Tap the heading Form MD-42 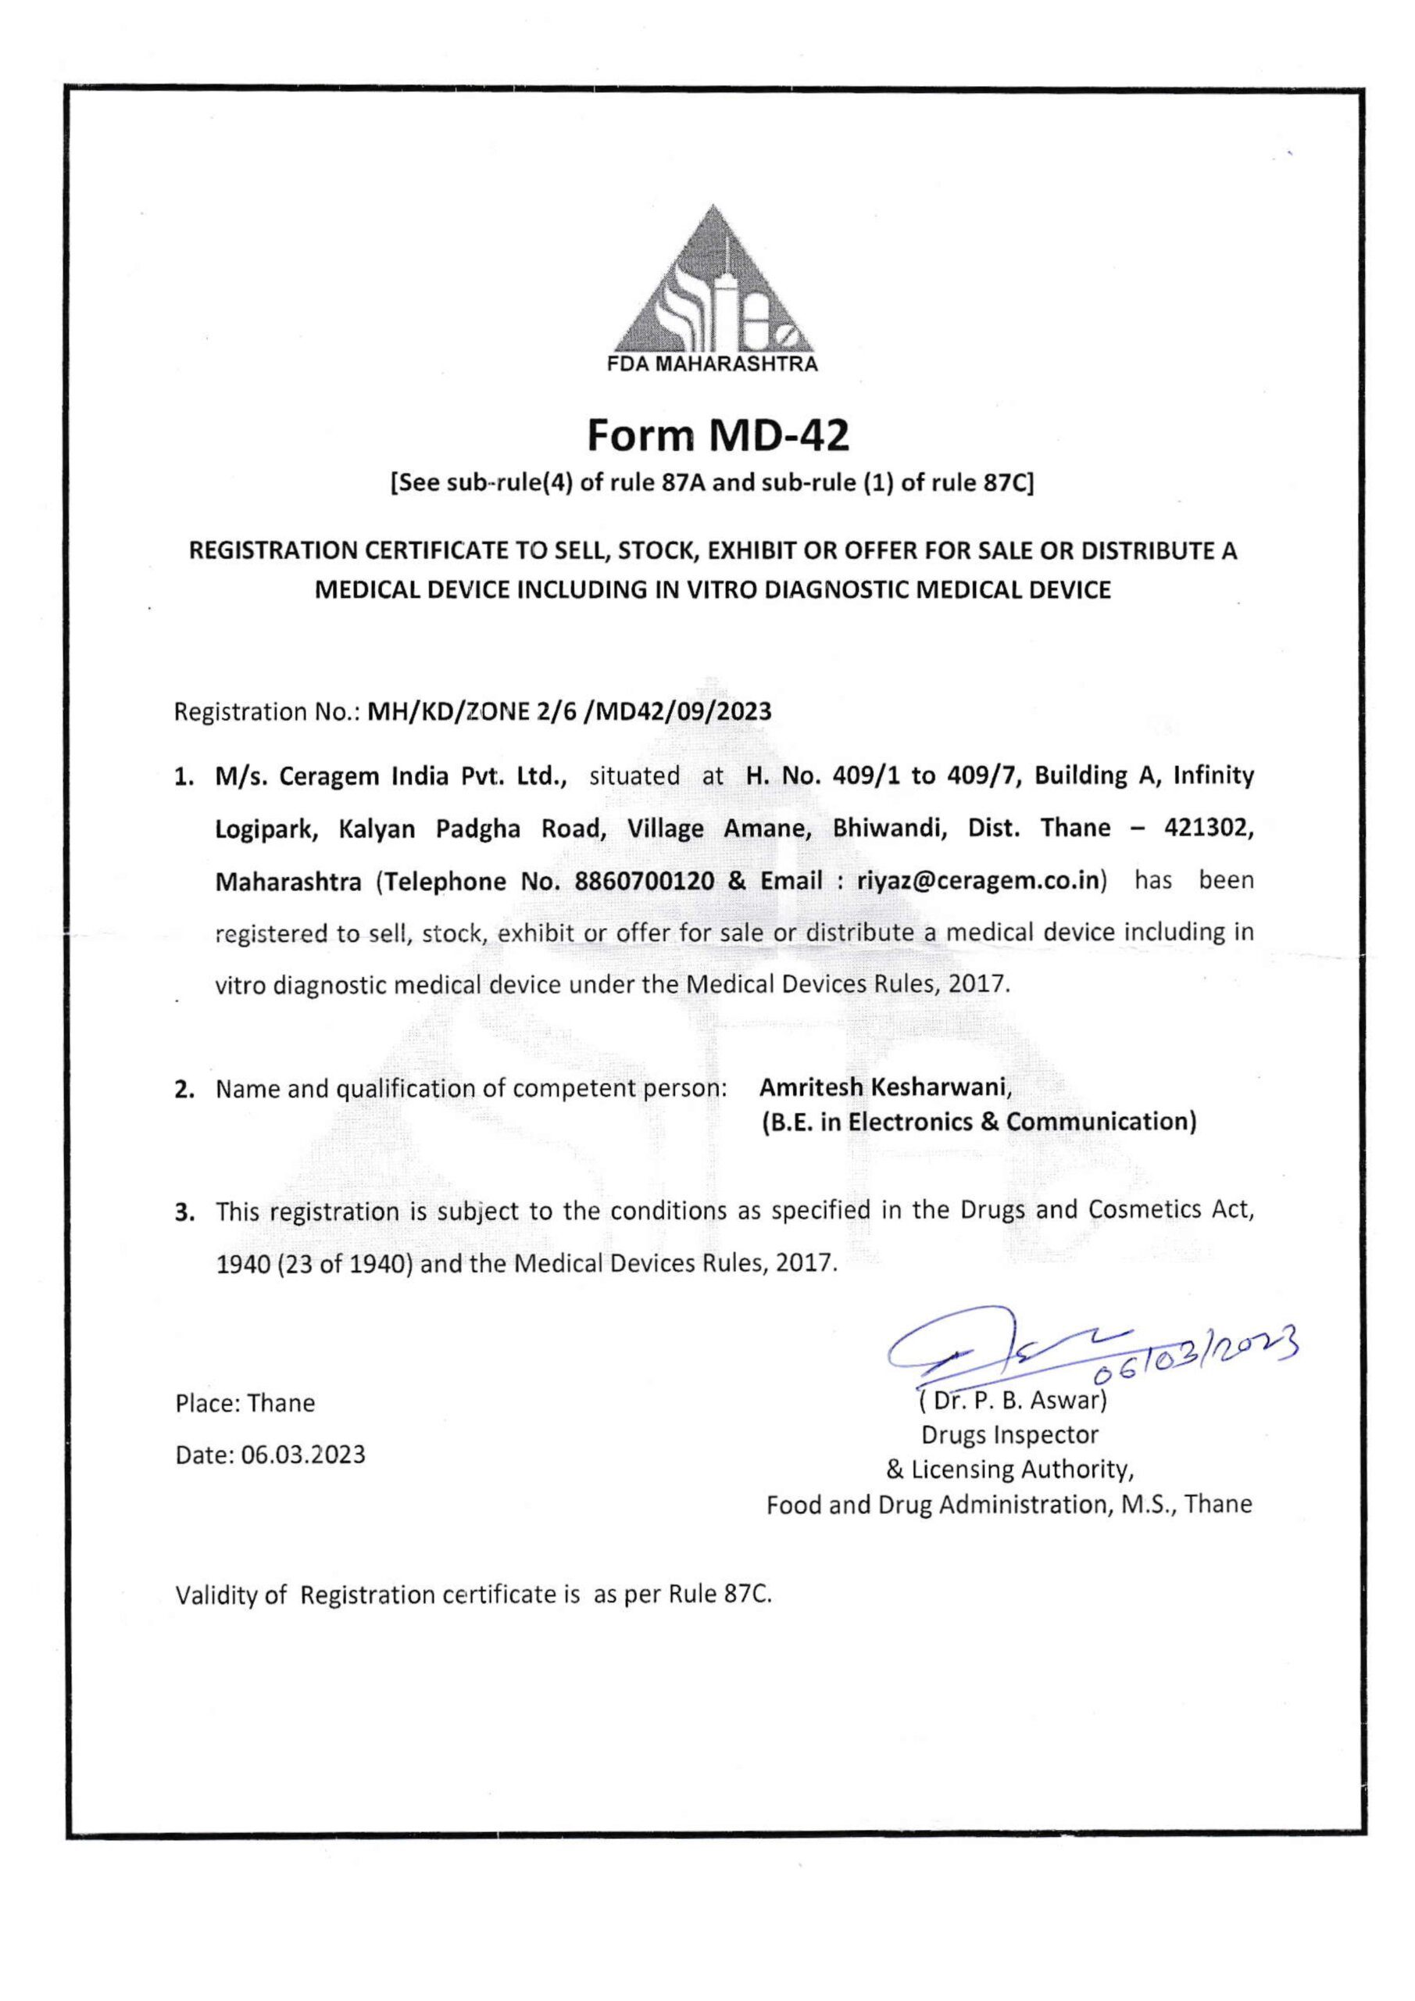pos(717,435)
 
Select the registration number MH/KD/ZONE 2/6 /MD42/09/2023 pos(570,712)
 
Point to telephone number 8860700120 pos(645,881)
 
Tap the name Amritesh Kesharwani pos(885,1087)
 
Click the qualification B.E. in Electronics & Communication pos(978,1122)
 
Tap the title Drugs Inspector pos(1009,1434)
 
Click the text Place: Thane pos(245,1403)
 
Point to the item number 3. pos(183,1212)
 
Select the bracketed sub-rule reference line pos(712,484)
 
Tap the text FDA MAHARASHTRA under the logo pos(712,365)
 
